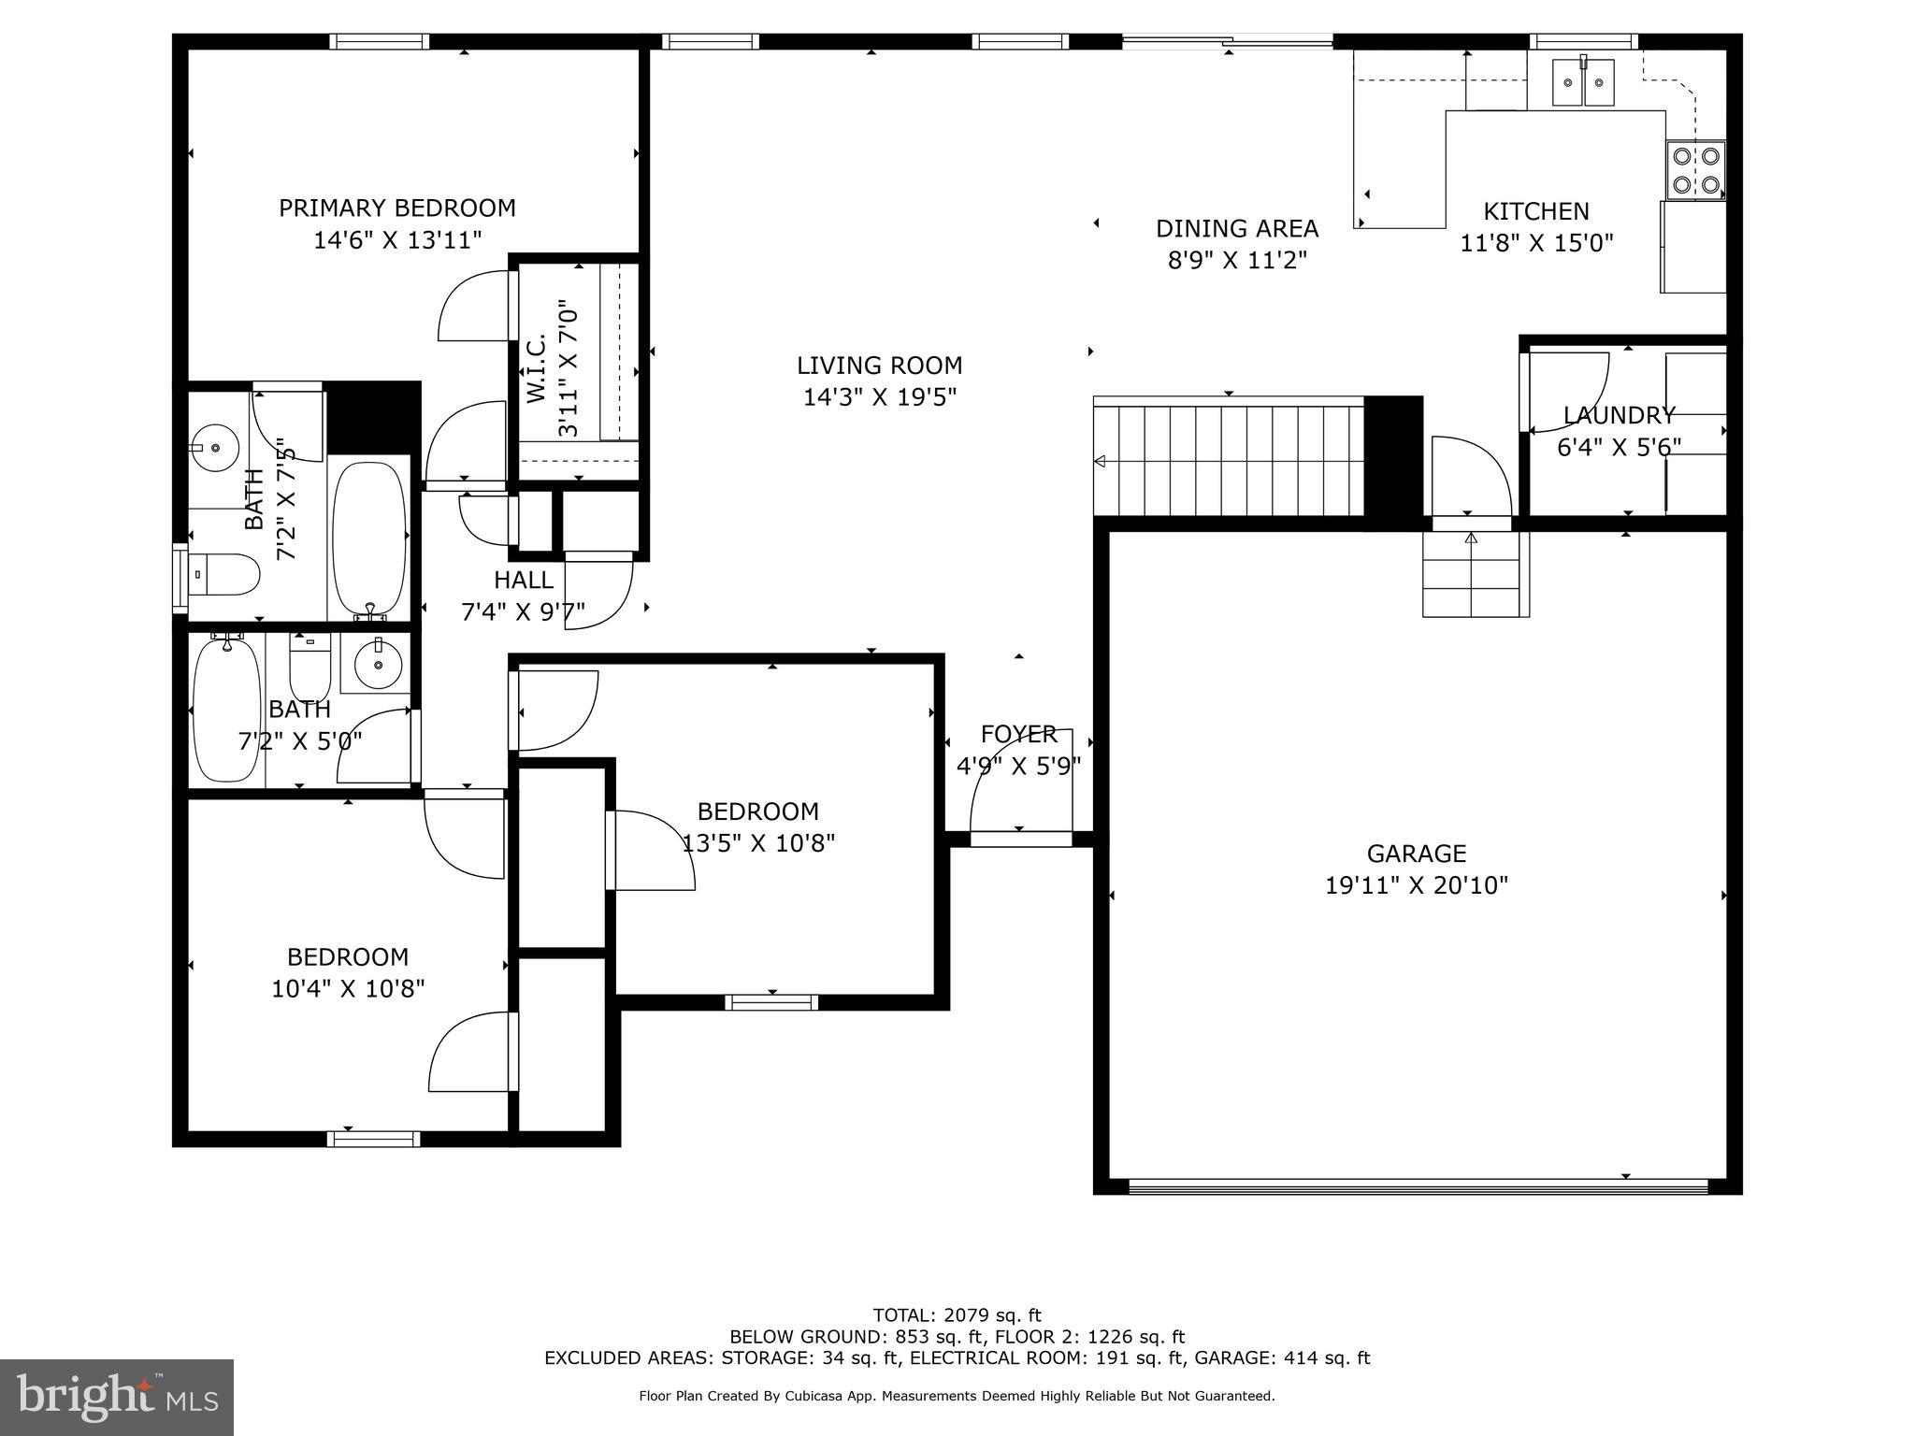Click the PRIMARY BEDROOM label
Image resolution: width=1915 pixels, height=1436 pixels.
396,208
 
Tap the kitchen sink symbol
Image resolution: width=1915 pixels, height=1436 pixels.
1583,82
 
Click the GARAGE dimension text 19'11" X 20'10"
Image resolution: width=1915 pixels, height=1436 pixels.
1416,885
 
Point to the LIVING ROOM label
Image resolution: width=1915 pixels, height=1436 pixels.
879,366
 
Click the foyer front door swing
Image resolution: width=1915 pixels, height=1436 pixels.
1019,785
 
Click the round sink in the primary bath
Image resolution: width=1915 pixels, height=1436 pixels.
216,449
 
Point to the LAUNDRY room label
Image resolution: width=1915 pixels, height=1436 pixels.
1619,415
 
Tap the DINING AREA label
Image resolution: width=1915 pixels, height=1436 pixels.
1236,229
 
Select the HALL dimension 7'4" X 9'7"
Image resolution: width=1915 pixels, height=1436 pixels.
523,613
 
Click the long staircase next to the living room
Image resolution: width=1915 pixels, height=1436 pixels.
1229,458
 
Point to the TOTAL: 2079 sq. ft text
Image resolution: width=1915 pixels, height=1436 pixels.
957,1315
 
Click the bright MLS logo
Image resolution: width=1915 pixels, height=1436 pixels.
117,1397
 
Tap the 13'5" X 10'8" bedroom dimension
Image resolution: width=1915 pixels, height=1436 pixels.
758,843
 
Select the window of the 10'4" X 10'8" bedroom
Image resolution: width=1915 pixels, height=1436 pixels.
373,1138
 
